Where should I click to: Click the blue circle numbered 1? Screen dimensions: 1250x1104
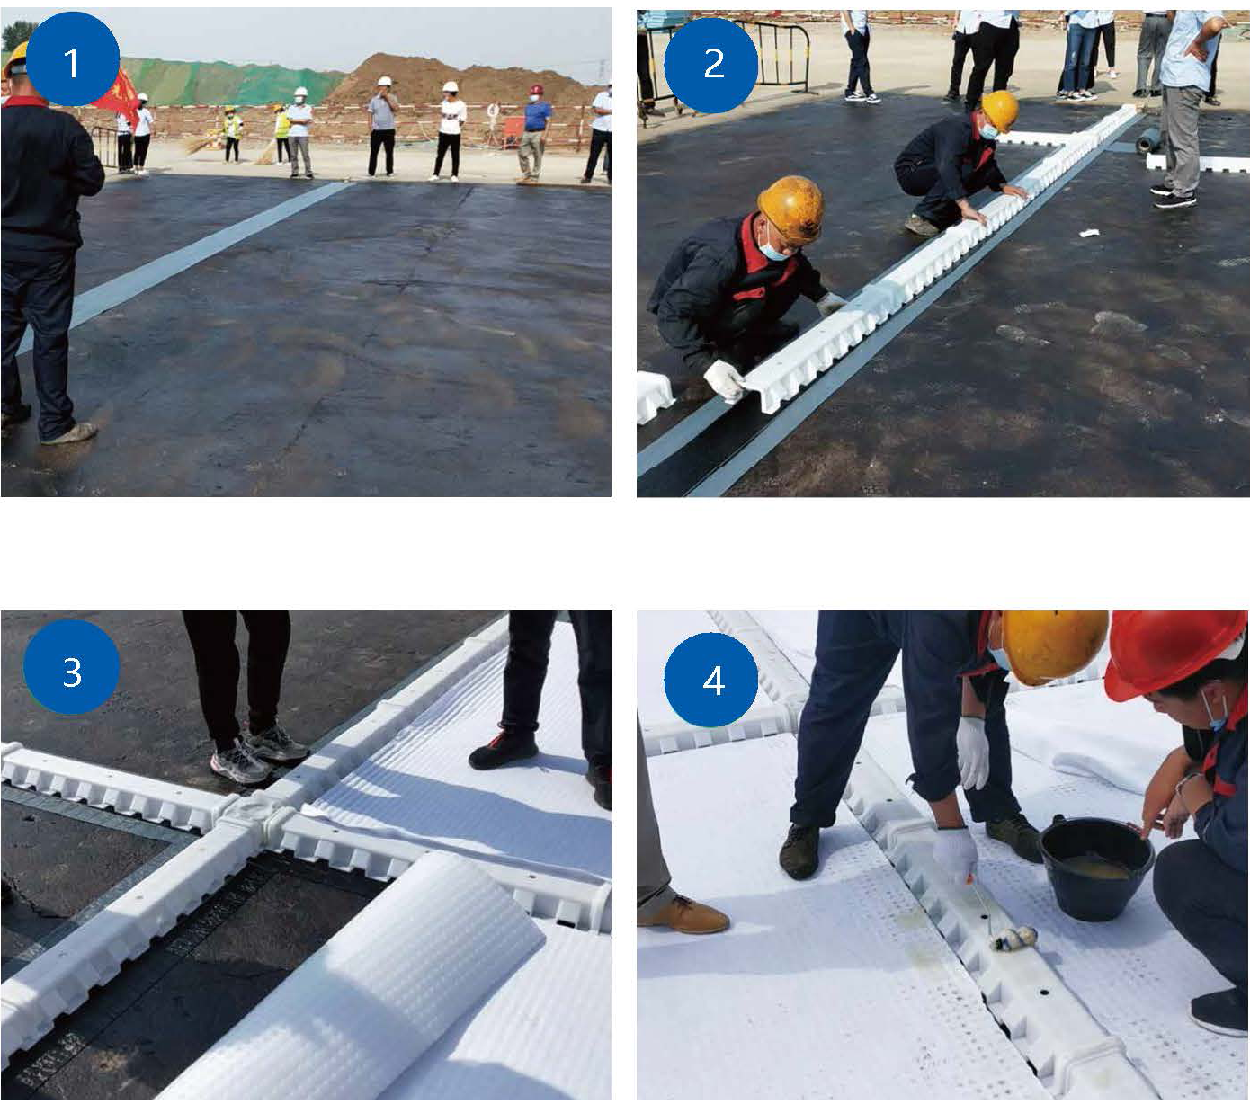click(71, 59)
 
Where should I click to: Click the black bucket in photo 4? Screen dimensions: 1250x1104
click(1095, 868)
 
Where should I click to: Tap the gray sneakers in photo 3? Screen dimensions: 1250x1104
click(259, 753)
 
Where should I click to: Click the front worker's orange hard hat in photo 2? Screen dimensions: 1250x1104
click(791, 209)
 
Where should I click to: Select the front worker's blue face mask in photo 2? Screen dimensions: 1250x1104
click(773, 248)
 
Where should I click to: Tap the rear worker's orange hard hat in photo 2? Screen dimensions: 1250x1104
click(1000, 110)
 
